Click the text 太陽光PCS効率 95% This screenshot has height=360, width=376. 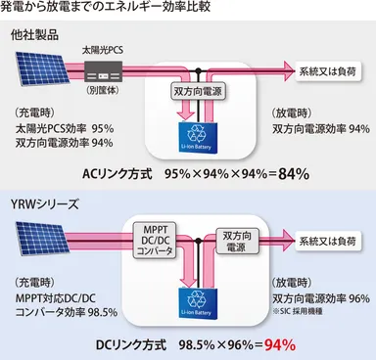[65, 126]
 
